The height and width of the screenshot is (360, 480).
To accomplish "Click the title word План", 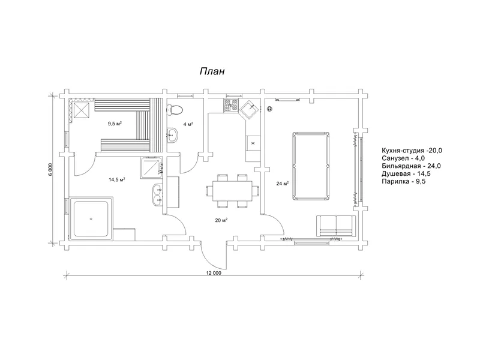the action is [x=212, y=71].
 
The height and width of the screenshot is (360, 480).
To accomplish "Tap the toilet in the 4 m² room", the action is [x=175, y=110].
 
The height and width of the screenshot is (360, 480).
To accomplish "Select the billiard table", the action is [x=311, y=166].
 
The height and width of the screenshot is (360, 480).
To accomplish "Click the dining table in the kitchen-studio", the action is [x=232, y=191].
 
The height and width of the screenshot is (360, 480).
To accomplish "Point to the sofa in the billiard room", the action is [x=336, y=226].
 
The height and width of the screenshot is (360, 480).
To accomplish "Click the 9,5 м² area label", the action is [x=115, y=124].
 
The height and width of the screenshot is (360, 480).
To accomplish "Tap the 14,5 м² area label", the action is [x=116, y=179].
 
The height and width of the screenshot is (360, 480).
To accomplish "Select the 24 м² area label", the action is [x=283, y=184].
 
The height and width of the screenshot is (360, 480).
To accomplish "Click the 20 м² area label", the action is [x=221, y=220].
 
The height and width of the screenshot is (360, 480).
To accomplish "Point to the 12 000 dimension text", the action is [x=214, y=273].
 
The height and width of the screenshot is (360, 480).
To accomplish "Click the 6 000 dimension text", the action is [x=50, y=169].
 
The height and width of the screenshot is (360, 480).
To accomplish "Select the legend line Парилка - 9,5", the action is [x=403, y=181].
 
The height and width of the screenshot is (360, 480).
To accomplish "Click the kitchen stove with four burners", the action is [x=231, y=105].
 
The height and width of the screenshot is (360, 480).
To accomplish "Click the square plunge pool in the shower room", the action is [x=91, y=218].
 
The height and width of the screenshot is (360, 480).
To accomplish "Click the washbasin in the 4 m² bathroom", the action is [x=172, y=135].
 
